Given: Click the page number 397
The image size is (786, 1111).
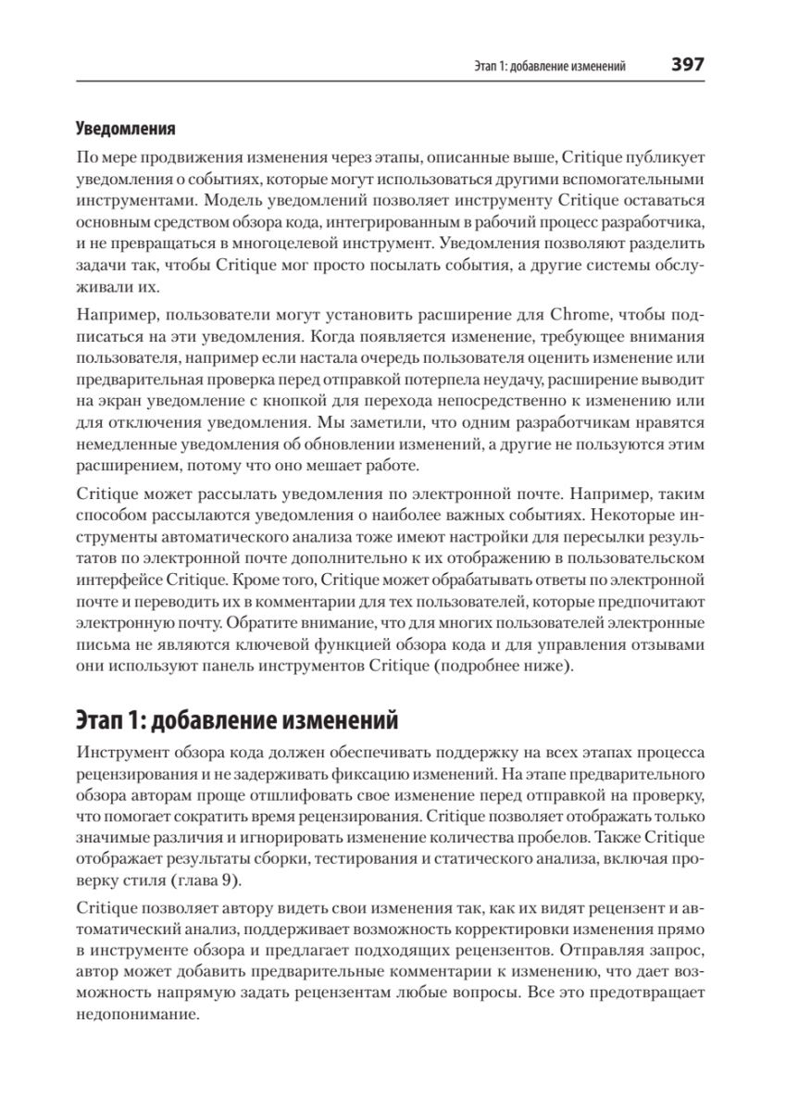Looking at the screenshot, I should pos(689,65).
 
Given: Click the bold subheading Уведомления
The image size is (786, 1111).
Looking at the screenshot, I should pos(125,127).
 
